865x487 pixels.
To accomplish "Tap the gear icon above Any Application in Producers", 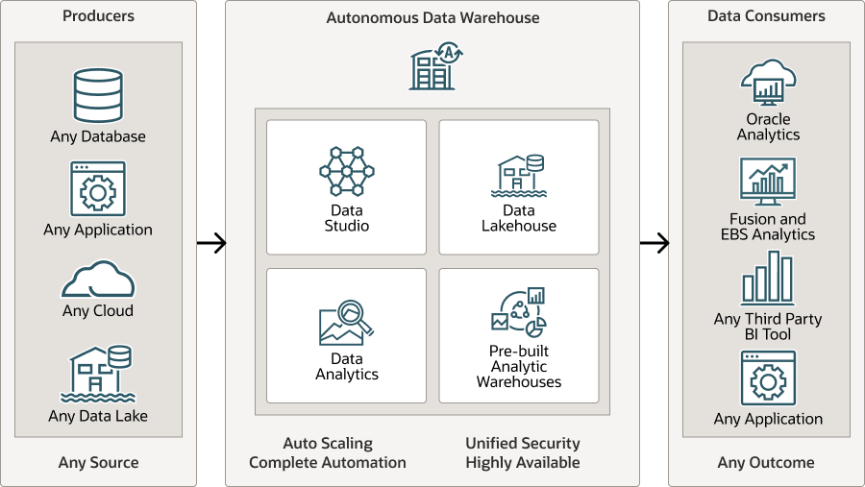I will pyautogui.click(x=98, y=189).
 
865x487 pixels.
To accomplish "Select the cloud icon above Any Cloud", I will pyautogui.click(x=98, y=280).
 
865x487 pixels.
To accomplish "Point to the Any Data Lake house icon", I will pyautogui.click(x=98, y=374).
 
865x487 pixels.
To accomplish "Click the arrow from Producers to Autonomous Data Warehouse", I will pyautogui.click(x=211, y=243).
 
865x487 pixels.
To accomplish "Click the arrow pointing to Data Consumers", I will pyautogui.click(x=654, y=243).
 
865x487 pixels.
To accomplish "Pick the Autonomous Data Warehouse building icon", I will pyautogui.click(x=432, y=67).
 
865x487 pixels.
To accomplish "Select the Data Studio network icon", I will pyautogui.click(x=346, y=172).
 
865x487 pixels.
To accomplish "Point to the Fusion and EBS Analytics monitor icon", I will pyautogui.click(x=768, y=183).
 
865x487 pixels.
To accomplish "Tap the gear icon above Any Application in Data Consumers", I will pyautogui.click(x=768, y=378).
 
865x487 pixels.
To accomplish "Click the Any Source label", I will pyautogui.click(x=98, y=463).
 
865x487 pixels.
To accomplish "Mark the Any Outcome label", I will pyautogui.click(x=766, y=463).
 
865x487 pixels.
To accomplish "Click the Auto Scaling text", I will pyautogui.click(x=328, y=444).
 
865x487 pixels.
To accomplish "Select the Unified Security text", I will pyautogui.click(x=523, y=444).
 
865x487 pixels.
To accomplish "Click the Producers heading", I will pyautogui.click(x=98, y=16).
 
